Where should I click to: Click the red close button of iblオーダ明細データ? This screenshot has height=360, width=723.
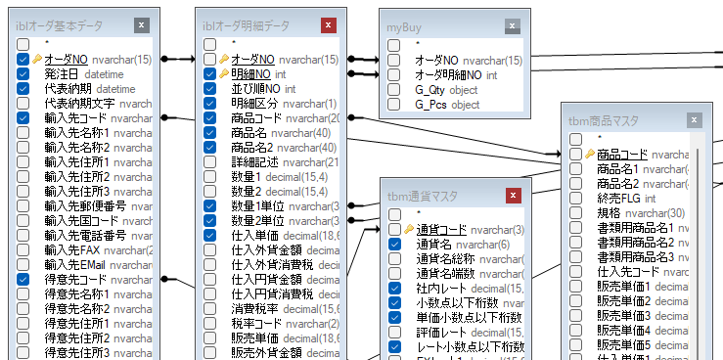(330, 25)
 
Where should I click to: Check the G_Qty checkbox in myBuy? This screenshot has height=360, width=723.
(394, 90)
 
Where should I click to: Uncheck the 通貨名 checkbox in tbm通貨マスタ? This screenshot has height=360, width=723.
(395, 244)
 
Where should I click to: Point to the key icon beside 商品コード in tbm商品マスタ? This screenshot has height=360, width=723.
(589, 154)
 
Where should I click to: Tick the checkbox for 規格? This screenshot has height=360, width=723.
(576, 213)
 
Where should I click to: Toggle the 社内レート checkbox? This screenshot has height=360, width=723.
(395, 289)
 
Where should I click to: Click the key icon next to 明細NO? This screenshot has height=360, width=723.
(223, 73)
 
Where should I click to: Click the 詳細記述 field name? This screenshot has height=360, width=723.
(254, 161)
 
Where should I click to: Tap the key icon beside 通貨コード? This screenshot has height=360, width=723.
(408, 229)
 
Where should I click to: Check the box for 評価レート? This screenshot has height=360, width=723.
(395, 333)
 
